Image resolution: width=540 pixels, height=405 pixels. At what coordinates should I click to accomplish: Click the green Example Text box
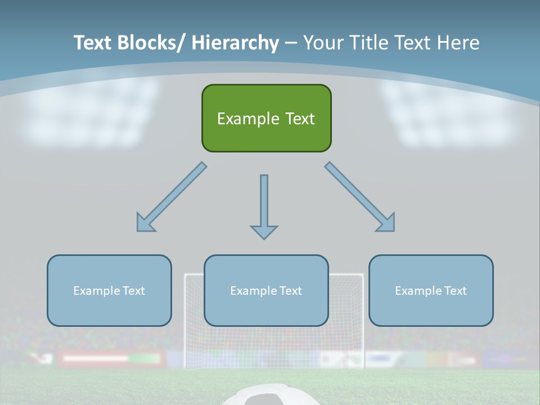(x=266, y=118)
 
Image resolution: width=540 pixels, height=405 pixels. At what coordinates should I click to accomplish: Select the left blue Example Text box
(x=109, y=290)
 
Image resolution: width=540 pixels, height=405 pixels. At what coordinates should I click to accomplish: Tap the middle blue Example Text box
(x=266, y=290)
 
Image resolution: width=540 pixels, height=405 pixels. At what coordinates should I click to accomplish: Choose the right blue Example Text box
(x=431, y=290)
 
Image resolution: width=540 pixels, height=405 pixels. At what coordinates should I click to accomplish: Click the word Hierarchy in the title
(x=235, y=43)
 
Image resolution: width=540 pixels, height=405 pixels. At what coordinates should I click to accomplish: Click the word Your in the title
(x=322, y=43)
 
